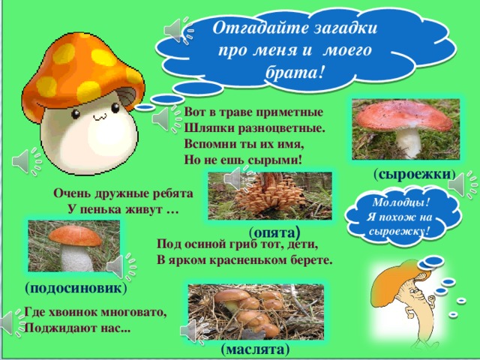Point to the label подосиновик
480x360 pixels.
point(75,288)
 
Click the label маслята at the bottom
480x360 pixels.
point(252,349)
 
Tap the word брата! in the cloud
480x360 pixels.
point(295,72)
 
